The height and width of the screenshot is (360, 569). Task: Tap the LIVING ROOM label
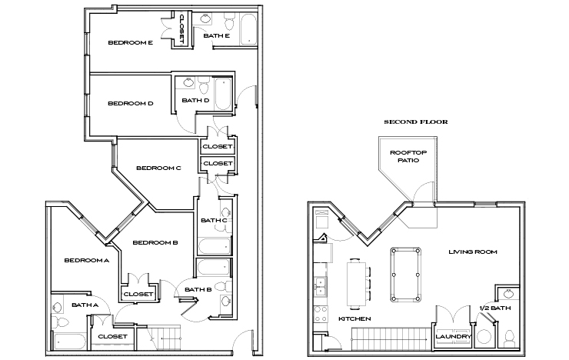pos(473,252)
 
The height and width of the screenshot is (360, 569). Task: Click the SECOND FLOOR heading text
pos(416,122)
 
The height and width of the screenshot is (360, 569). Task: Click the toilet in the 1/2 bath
pos(508,338)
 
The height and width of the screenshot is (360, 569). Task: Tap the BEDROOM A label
pos(86,260)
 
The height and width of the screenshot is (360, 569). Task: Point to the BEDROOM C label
pos(158,168)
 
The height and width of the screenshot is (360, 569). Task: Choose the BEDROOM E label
pos(130,43)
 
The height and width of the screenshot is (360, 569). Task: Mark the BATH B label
pos(198,289)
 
